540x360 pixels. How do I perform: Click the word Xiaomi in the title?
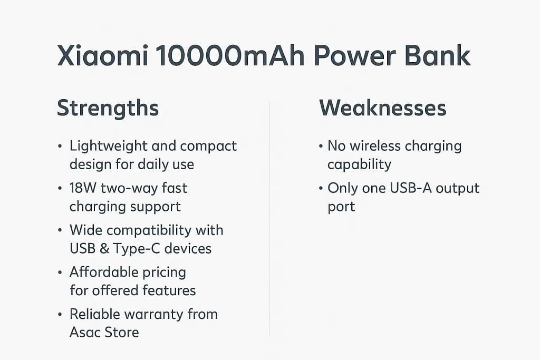[x=103, y=55]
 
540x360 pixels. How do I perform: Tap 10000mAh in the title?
[x=230, y=55]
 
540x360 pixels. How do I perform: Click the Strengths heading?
[x=108, y=109]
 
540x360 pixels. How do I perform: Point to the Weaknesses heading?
[x=383, y=108]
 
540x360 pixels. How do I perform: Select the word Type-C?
[x=137, y=249]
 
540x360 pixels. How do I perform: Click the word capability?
[x=359, y=165]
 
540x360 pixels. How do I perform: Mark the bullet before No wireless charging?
[x=321, y=147]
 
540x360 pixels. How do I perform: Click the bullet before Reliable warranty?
[x=60, y=314]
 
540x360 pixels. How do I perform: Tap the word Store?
[x=122, y=333]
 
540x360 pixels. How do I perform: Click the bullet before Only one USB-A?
[x=321, y=188]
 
